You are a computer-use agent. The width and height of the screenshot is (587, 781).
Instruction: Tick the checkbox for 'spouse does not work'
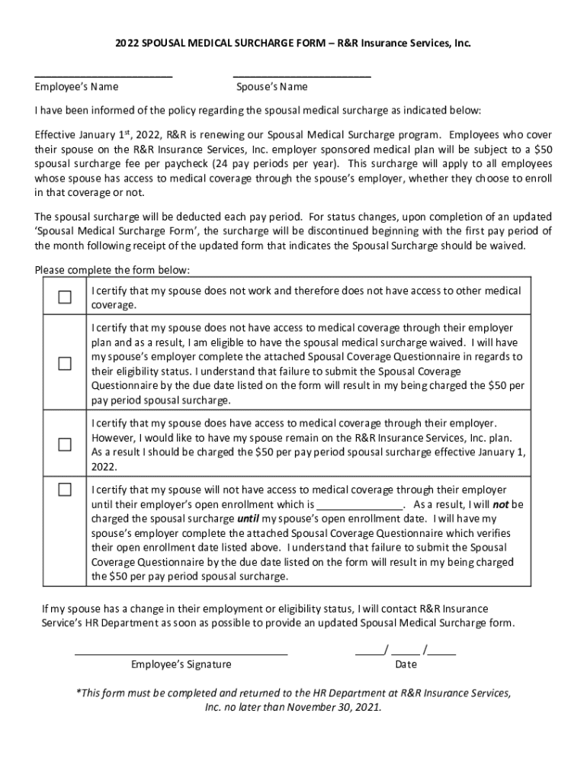click(x=66, y=297)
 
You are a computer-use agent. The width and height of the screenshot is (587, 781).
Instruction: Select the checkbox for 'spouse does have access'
click(x=66, y=444)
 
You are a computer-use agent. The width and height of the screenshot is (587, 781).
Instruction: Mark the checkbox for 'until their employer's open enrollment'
click(x=66, y=489)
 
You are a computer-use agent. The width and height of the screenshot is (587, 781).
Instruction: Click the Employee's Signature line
click(x=181, y=654)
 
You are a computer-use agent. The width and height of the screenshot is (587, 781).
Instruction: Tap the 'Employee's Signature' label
click(x=181, y=664)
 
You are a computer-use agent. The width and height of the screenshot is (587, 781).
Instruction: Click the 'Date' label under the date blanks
click(x=406, y=664)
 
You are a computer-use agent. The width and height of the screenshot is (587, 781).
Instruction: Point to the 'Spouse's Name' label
click(x=272, y=87)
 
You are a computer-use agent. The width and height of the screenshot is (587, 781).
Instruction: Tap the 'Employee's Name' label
click(x=77, y=87)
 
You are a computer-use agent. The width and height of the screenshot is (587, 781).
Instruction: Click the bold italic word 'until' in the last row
click(x=248, y=519)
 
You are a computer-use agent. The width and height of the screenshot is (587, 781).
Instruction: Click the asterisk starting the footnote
click(x=77, y=693)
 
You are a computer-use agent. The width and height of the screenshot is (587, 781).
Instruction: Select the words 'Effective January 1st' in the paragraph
click(x=85, y=135)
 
